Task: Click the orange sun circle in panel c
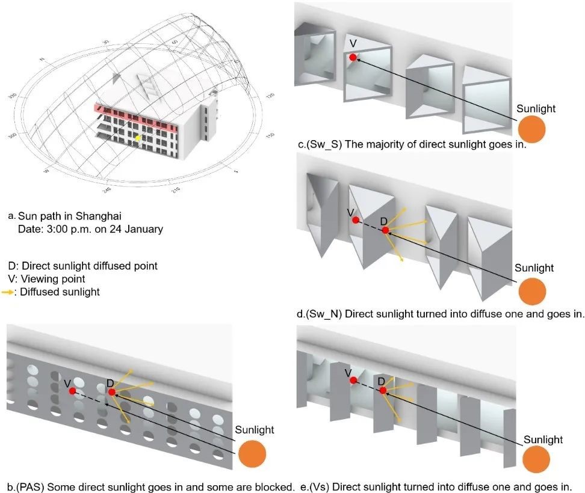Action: (x=532, y=129)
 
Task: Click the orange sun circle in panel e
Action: (x=536, y=460)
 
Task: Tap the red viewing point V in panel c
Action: (x=353, y=57)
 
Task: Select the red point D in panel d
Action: (x=385, y=230)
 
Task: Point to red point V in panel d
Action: (x=355, y=221)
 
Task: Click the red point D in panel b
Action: (x=111, y=392)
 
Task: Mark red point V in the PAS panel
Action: (x=72, y=391)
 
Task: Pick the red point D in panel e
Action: (x=383, y=390)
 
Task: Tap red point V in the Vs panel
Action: (x=353, y=380)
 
